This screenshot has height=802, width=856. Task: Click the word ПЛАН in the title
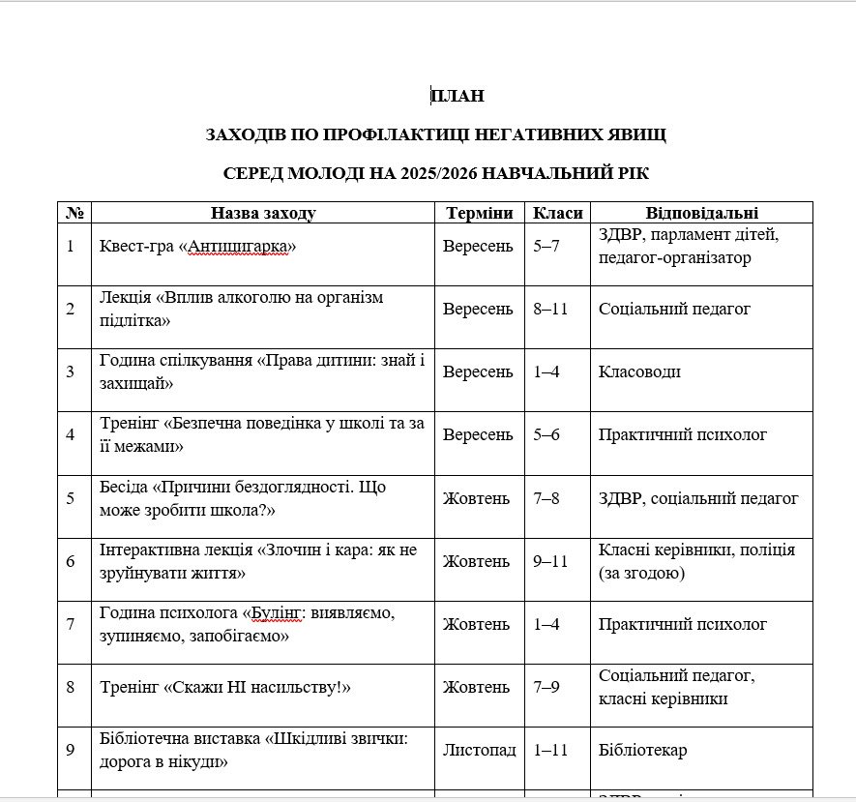coord(458,96)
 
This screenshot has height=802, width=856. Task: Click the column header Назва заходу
coord(263,213)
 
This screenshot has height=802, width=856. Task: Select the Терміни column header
coord(479,213)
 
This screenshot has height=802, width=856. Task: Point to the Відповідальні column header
coord(701,213)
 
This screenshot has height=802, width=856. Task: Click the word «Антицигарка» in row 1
coord(243,247)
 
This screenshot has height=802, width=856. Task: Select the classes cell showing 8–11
coord(550,310)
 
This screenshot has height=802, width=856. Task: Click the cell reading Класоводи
coord(639,372)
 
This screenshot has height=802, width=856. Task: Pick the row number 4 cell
coord(71,435)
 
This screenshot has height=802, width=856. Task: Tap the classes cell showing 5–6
coord(546,435)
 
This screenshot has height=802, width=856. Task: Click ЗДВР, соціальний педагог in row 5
coord(698,499)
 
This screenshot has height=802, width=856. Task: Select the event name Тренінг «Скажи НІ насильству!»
coord(224,688)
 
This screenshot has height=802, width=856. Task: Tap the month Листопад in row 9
coord(479,751)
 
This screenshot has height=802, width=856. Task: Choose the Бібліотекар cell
coord(643,751)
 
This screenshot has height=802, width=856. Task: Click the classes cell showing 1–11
coord(550,751)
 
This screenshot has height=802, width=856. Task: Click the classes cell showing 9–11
coord(550,562)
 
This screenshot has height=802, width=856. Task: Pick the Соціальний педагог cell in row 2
coord(674,310)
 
